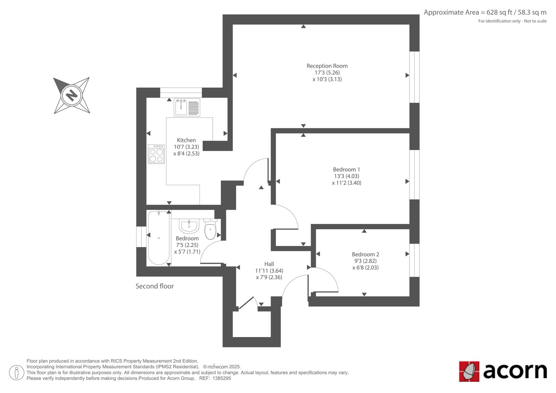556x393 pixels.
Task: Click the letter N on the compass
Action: (72, 95)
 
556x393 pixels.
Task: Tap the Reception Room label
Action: (327, 66)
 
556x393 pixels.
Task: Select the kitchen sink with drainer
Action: (187, 107)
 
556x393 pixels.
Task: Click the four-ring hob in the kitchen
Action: (156, 154)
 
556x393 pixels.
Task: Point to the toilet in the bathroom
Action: (210, 229)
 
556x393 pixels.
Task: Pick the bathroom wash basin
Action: (189, 226)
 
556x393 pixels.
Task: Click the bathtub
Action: (159, 238)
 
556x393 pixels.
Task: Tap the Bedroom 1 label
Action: (346, 170)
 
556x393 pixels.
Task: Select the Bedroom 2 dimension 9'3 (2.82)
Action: (365, 261)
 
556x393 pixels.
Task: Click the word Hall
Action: (269, 264)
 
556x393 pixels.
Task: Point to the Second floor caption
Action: (154, 286)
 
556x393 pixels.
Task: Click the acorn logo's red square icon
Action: (469, 371)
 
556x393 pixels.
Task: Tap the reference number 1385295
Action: (221, 378)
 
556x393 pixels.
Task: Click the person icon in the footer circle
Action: (17, 372)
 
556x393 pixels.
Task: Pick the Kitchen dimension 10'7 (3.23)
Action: (186, 147)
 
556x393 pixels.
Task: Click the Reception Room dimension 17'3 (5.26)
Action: (327, 73)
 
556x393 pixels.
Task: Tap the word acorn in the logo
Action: (515, 371)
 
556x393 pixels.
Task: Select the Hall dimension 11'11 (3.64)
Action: (269, 271)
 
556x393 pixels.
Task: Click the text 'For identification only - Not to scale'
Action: (512, 21)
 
